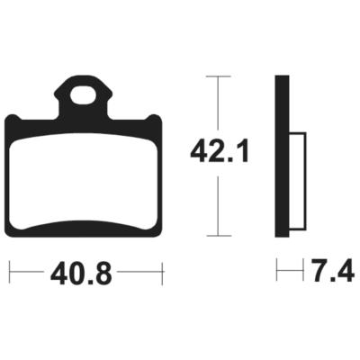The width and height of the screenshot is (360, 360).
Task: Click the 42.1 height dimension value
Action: [x=220, y=152]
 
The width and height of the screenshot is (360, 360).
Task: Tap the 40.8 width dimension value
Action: [x=81, y=273]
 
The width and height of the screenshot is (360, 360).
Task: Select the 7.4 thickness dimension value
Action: [x=333, y=271]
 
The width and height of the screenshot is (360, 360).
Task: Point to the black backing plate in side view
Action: [x=282, y=156]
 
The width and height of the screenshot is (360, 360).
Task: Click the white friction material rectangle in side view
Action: [x=297, y=181]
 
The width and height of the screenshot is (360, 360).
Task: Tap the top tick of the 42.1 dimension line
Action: [x=219, y=76]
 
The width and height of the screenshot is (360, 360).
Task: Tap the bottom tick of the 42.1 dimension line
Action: [x=219, y=236]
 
